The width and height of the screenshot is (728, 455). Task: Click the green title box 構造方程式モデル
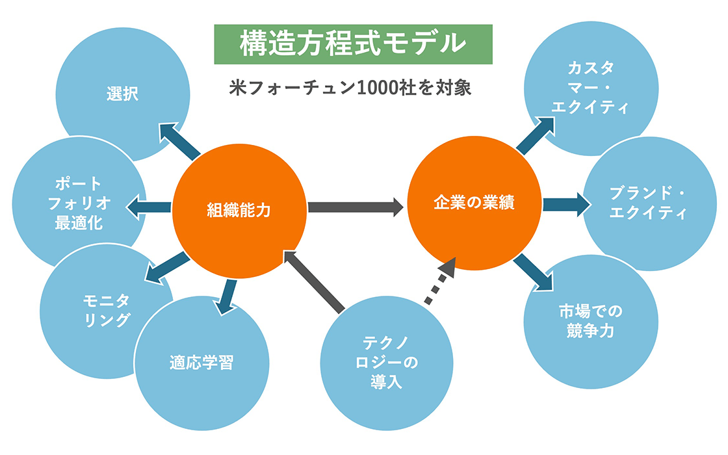(353, 44)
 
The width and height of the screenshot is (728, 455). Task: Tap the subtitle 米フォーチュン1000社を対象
(350, 88)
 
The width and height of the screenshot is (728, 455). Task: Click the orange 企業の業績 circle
(474, 204)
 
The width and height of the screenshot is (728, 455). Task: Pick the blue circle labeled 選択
(123, 95)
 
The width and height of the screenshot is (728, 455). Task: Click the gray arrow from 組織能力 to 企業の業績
(356, 207)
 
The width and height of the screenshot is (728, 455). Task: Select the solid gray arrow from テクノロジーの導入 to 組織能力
(315, 279)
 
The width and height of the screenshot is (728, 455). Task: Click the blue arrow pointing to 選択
(179, 140)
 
